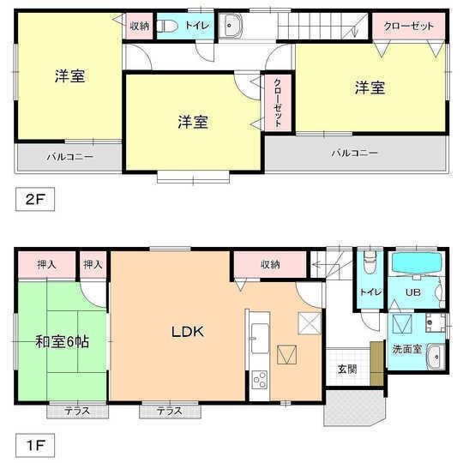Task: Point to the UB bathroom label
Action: [412, 292]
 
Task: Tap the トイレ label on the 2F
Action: [196, 26]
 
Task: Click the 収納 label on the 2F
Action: [140, 26]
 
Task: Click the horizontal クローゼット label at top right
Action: [408, 26]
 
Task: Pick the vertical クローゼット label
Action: [278, 104]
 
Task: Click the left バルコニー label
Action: [69, 157]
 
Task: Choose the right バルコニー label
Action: [356, 153]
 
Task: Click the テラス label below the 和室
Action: [77, 412]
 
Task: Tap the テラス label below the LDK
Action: [169, 412]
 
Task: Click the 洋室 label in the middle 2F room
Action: [193, 121]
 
